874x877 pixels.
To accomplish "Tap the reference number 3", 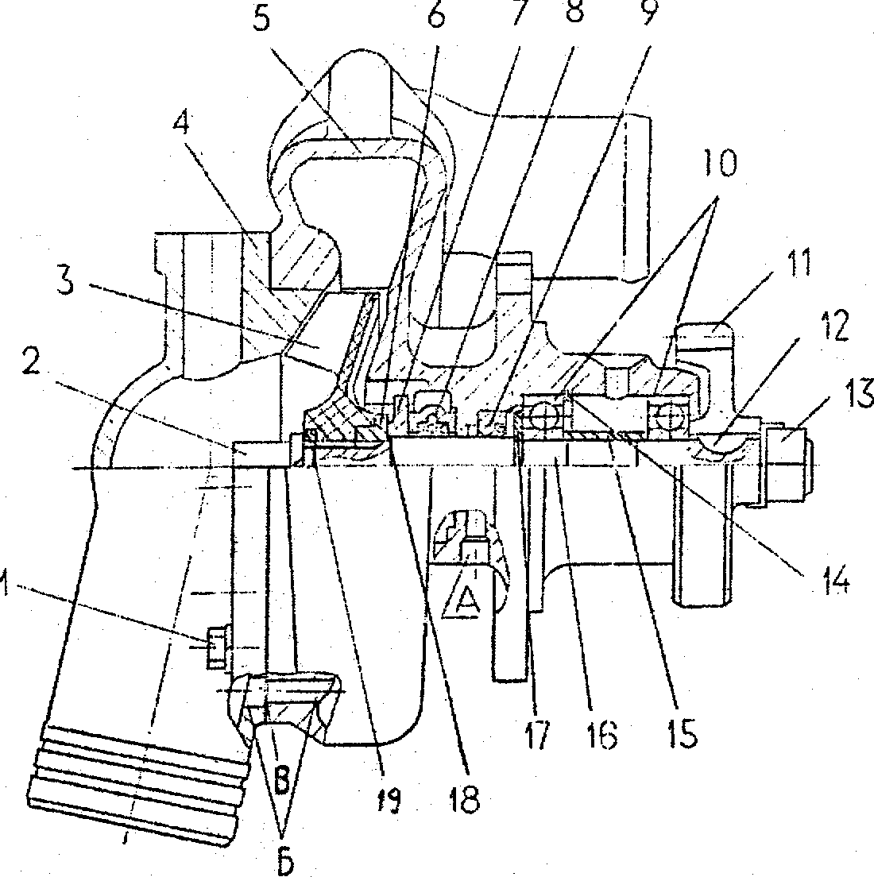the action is [65, 280].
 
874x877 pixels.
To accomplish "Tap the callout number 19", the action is [386, 798].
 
